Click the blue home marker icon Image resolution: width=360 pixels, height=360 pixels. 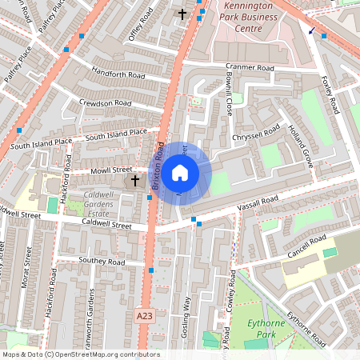[180, 172]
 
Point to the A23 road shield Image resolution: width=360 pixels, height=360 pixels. [144, 316]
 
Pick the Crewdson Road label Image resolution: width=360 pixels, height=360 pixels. [105, 103]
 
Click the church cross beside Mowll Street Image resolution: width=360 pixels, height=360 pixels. [134, 182]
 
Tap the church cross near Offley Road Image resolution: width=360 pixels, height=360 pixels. [182, 14]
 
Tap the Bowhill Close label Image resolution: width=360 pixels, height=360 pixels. [227, 95]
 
